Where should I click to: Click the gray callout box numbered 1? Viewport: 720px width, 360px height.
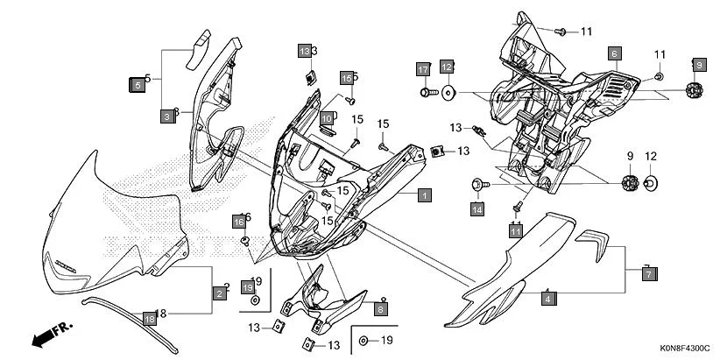(x=423, y=195)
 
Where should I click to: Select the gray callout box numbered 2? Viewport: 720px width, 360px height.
(x=218, y=293)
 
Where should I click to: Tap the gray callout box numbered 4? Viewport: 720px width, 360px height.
(x=547, y=300)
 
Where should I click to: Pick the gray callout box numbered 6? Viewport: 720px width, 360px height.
(x=614, y=53)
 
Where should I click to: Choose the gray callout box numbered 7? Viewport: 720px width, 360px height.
(x=648, y=274)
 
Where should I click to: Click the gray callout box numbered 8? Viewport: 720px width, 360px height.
(x=380, y=307)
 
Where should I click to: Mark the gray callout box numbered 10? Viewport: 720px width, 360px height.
(x=326, y=118)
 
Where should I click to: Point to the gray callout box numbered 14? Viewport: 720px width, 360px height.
(x=477, y=209)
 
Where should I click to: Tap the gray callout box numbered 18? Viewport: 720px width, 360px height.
(x=149, y=320)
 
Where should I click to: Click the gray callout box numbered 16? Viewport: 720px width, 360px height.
(x=238, y=222)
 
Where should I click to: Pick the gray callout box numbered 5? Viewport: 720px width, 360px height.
(x=137, y=85)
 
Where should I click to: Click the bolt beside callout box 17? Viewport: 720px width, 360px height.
(x=427, y=91)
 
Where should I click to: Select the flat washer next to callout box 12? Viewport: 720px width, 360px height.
(x=448, y=91)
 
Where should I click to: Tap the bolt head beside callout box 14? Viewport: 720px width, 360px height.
(x=477, y=185)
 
